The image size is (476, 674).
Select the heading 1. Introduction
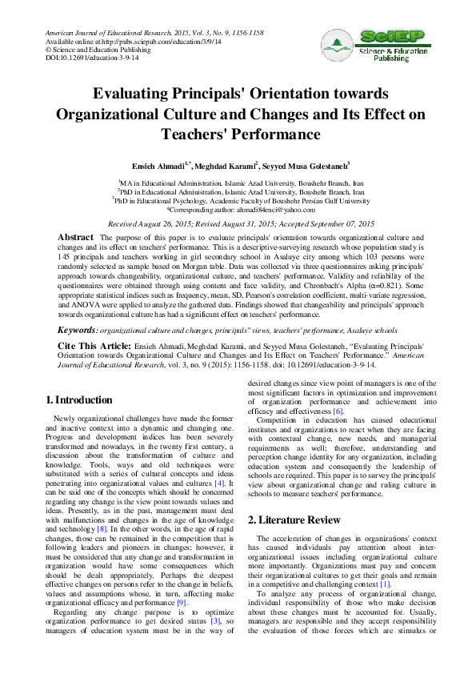coord(79,399)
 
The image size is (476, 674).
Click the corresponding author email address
coord(269,209)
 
